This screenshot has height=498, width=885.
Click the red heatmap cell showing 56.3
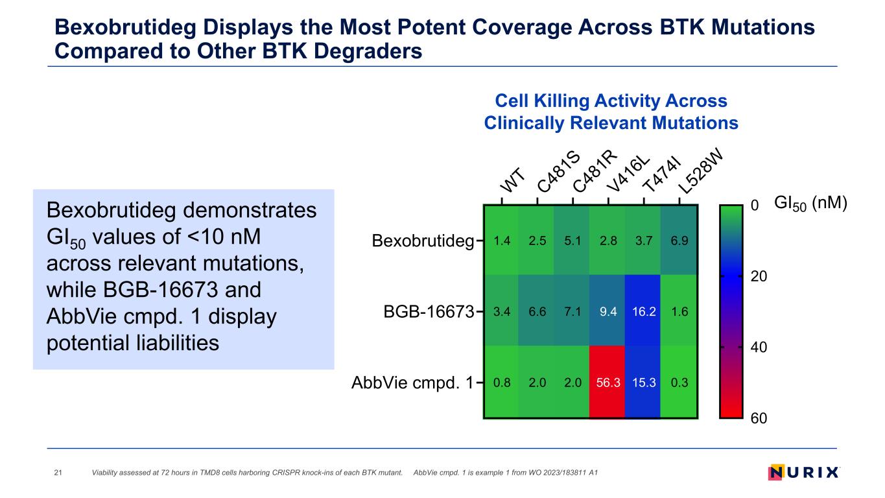(x=608, y=383)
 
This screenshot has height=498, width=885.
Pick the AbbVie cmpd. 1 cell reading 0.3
(x=679, y=383)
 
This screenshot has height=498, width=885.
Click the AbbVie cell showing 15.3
(x=643, y=383)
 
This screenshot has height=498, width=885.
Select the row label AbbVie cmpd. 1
(x=413, y=383)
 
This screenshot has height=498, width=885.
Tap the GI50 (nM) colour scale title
(x=811, y=203)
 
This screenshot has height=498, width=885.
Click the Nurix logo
(x=803, y=472)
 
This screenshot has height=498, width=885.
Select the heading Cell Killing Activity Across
(x=611, y=101)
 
